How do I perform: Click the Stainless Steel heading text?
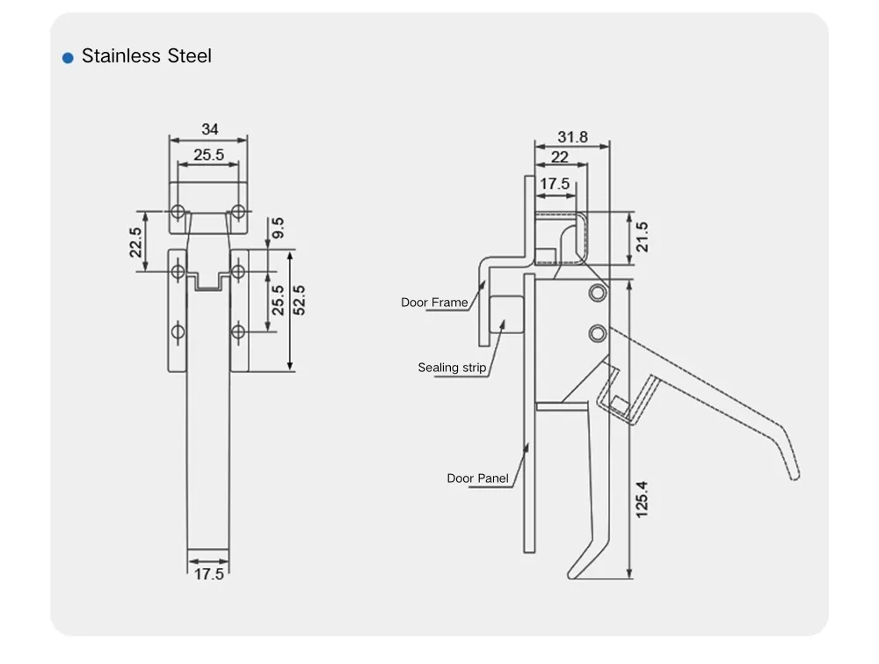146,56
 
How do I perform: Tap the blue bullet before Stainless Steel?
68,58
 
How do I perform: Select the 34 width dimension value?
209,129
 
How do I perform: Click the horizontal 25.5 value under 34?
208,155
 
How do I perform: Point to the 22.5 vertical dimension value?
135,242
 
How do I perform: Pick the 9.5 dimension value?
278,229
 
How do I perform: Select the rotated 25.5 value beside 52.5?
278,302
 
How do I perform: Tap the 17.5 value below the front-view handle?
208,574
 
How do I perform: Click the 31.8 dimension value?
572,137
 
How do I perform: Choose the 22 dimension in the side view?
559,157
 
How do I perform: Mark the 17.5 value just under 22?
554,184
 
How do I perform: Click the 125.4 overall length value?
642,497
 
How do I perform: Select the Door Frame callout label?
434,303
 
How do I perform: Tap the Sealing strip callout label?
451,368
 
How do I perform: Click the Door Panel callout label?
477,478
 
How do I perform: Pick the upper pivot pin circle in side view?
599,292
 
